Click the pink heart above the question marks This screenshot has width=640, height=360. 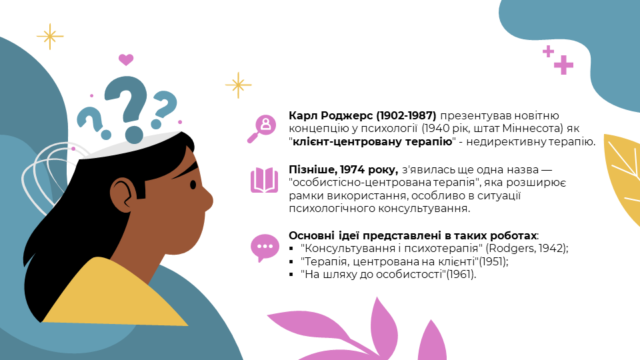coord(126,59)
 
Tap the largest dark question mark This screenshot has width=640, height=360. coord(127,106)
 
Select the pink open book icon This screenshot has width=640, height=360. coord(264,180)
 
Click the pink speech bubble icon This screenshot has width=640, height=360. coord(265,248)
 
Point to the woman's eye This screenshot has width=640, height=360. coord(193,185)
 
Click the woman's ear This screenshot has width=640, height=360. coord(123,193)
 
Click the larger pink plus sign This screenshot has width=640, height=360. coord(564,65)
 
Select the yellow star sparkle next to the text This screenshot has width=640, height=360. coord(239,85)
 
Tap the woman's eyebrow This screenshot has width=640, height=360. coord(188,171)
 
